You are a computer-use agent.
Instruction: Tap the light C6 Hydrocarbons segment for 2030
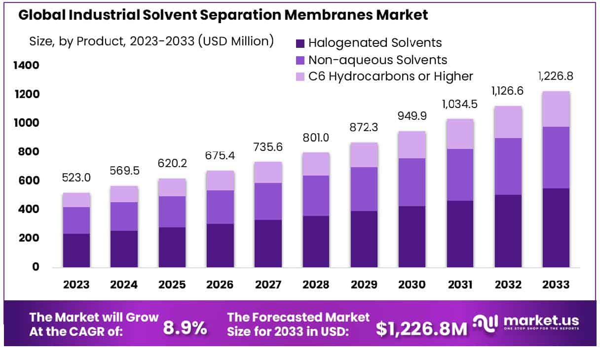point(412,144)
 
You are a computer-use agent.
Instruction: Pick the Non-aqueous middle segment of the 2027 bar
point(268,201)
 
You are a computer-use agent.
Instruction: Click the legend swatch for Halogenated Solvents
point(300,43)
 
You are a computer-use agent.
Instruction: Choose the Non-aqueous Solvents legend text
point(377,60)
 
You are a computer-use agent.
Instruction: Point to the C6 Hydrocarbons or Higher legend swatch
point(300,76)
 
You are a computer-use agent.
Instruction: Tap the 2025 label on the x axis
point(172,285)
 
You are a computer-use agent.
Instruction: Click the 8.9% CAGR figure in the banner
point(185,327)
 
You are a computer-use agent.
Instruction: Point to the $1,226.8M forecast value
point(421,328)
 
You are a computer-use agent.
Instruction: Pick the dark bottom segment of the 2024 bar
point(124,249)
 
